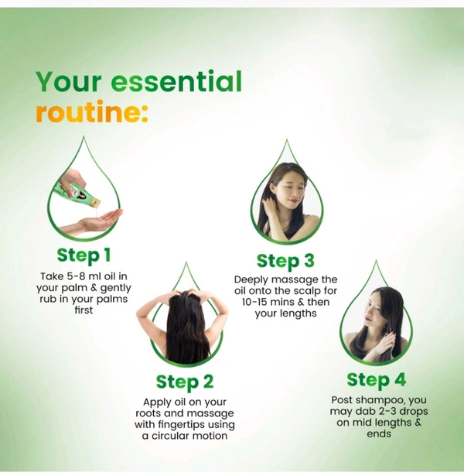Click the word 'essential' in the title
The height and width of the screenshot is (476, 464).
pos(176,81)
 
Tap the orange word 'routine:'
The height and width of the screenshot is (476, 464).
pos(91,111)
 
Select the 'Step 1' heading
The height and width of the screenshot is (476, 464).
pos(84,255)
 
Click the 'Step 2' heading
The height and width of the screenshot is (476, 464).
pos(185,382)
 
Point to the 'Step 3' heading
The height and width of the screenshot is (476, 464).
pos(285,262)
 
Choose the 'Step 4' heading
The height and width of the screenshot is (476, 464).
pos(376,380)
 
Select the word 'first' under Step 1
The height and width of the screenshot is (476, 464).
pos(84,310)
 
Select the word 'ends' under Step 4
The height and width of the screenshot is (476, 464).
pos(379,434)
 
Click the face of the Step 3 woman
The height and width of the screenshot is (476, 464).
pos(290,192)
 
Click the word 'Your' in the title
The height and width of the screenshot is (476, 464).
pos(69,81)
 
